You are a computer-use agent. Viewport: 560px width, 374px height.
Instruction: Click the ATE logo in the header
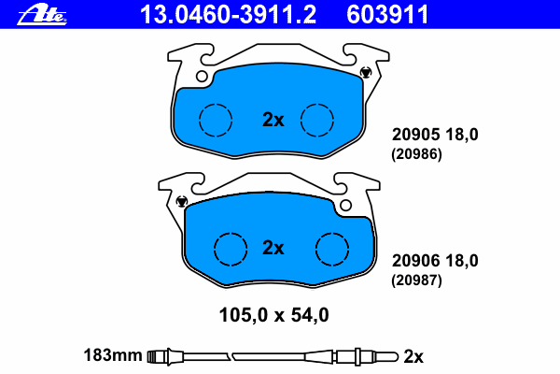[42, 15]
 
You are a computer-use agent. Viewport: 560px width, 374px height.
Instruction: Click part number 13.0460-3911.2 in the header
[228, 15]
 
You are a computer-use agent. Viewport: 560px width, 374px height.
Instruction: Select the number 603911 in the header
[387, 15]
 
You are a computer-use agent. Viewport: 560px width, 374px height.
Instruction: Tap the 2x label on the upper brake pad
[273, 120]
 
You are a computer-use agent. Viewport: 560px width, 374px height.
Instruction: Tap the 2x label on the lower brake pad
[273, 248]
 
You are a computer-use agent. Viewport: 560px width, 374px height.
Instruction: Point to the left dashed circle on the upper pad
[216, 104]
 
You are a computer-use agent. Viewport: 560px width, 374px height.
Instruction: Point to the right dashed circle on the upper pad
[317, 104]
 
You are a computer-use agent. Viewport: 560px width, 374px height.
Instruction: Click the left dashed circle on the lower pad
[231, 233]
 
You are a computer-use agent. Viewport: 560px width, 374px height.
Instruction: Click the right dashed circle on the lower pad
[332, 233]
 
